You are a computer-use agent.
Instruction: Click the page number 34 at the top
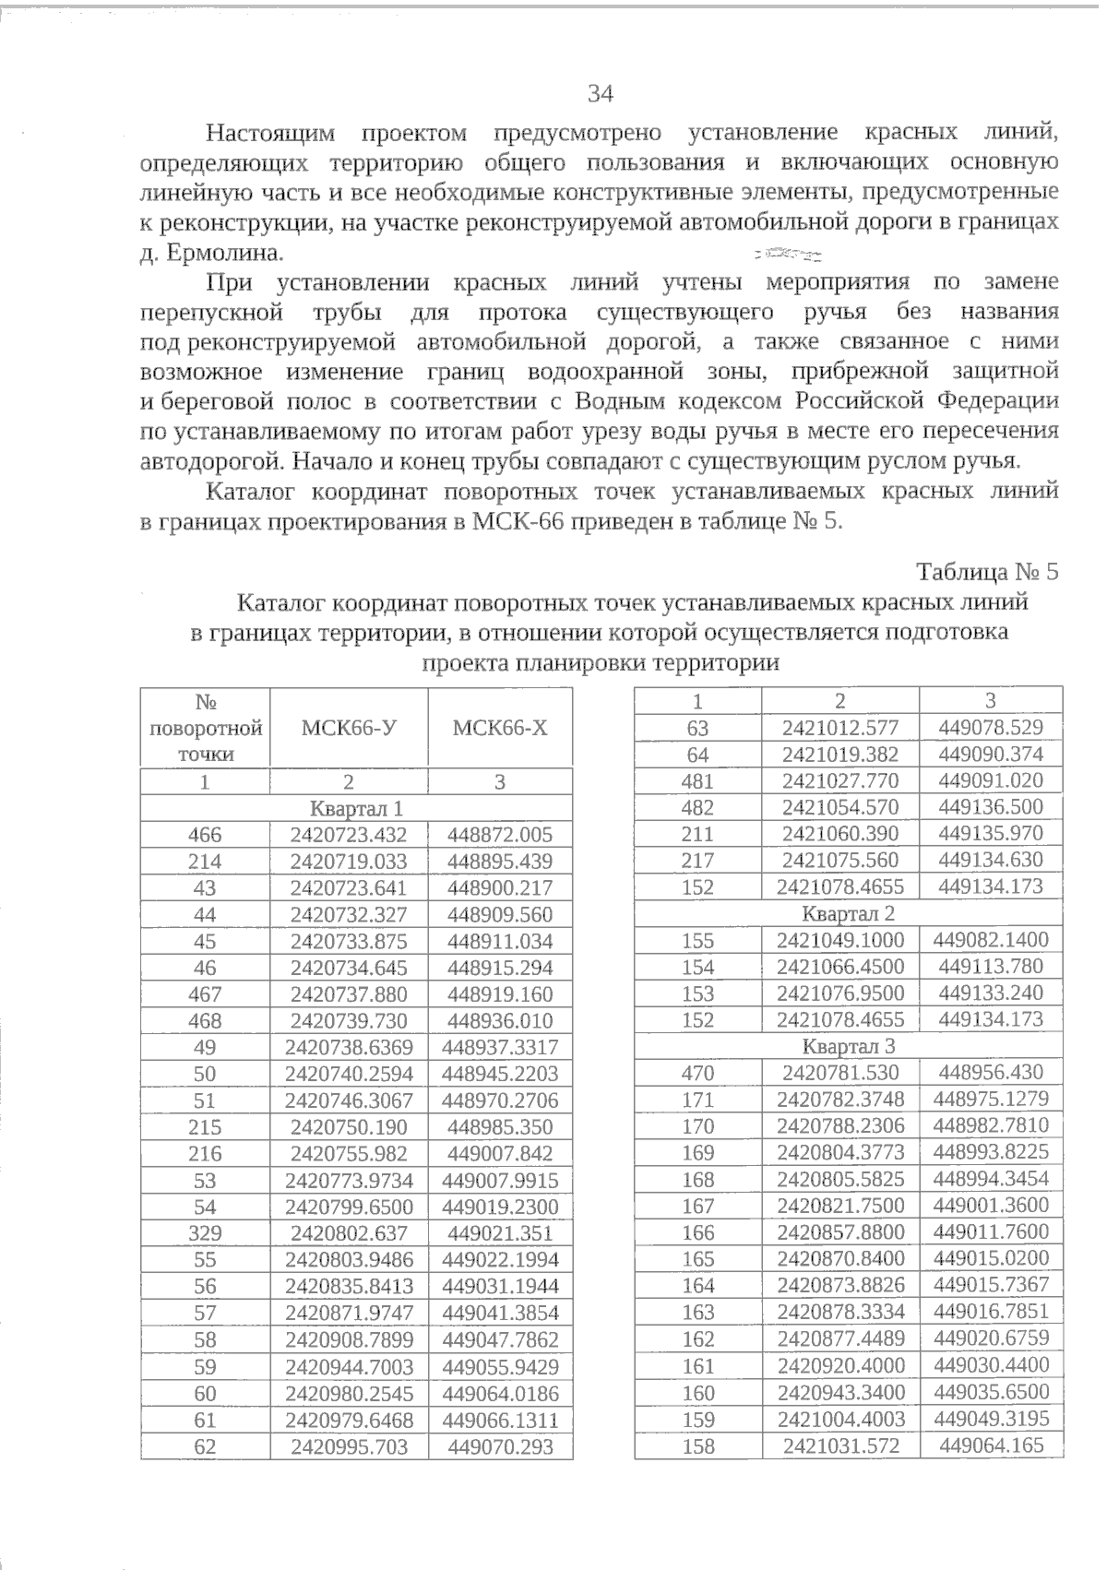click(x=600, y=94)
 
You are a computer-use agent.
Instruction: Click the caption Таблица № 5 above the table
click(x=986, y=572)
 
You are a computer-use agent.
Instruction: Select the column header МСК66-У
click(x=349, y=728)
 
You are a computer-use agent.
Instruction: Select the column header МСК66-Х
click(x=500, y=728)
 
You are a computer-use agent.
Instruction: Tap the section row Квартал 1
click(x=356, y=809)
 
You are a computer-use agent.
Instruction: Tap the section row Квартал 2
click(x=848, y=914)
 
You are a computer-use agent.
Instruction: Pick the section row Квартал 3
click(x=848, y=1047)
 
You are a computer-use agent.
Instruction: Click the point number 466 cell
click(x=205, y=836)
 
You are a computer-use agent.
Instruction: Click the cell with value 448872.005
click(x=500, y=836)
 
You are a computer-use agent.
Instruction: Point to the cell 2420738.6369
click(x=349, y=1048)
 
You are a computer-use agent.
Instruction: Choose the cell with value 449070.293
click(x=500, y=1447)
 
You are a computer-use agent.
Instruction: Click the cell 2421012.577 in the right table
click(x=839, y=728)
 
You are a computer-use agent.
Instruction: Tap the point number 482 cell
click(x=697, y=807)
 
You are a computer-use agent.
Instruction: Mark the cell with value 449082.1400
click(x=991, y=940)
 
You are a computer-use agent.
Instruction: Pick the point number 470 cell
click(x=697, y=1073)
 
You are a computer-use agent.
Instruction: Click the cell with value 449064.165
click(x=991, y=1445)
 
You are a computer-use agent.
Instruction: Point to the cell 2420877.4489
click(x=839, y=1338)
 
